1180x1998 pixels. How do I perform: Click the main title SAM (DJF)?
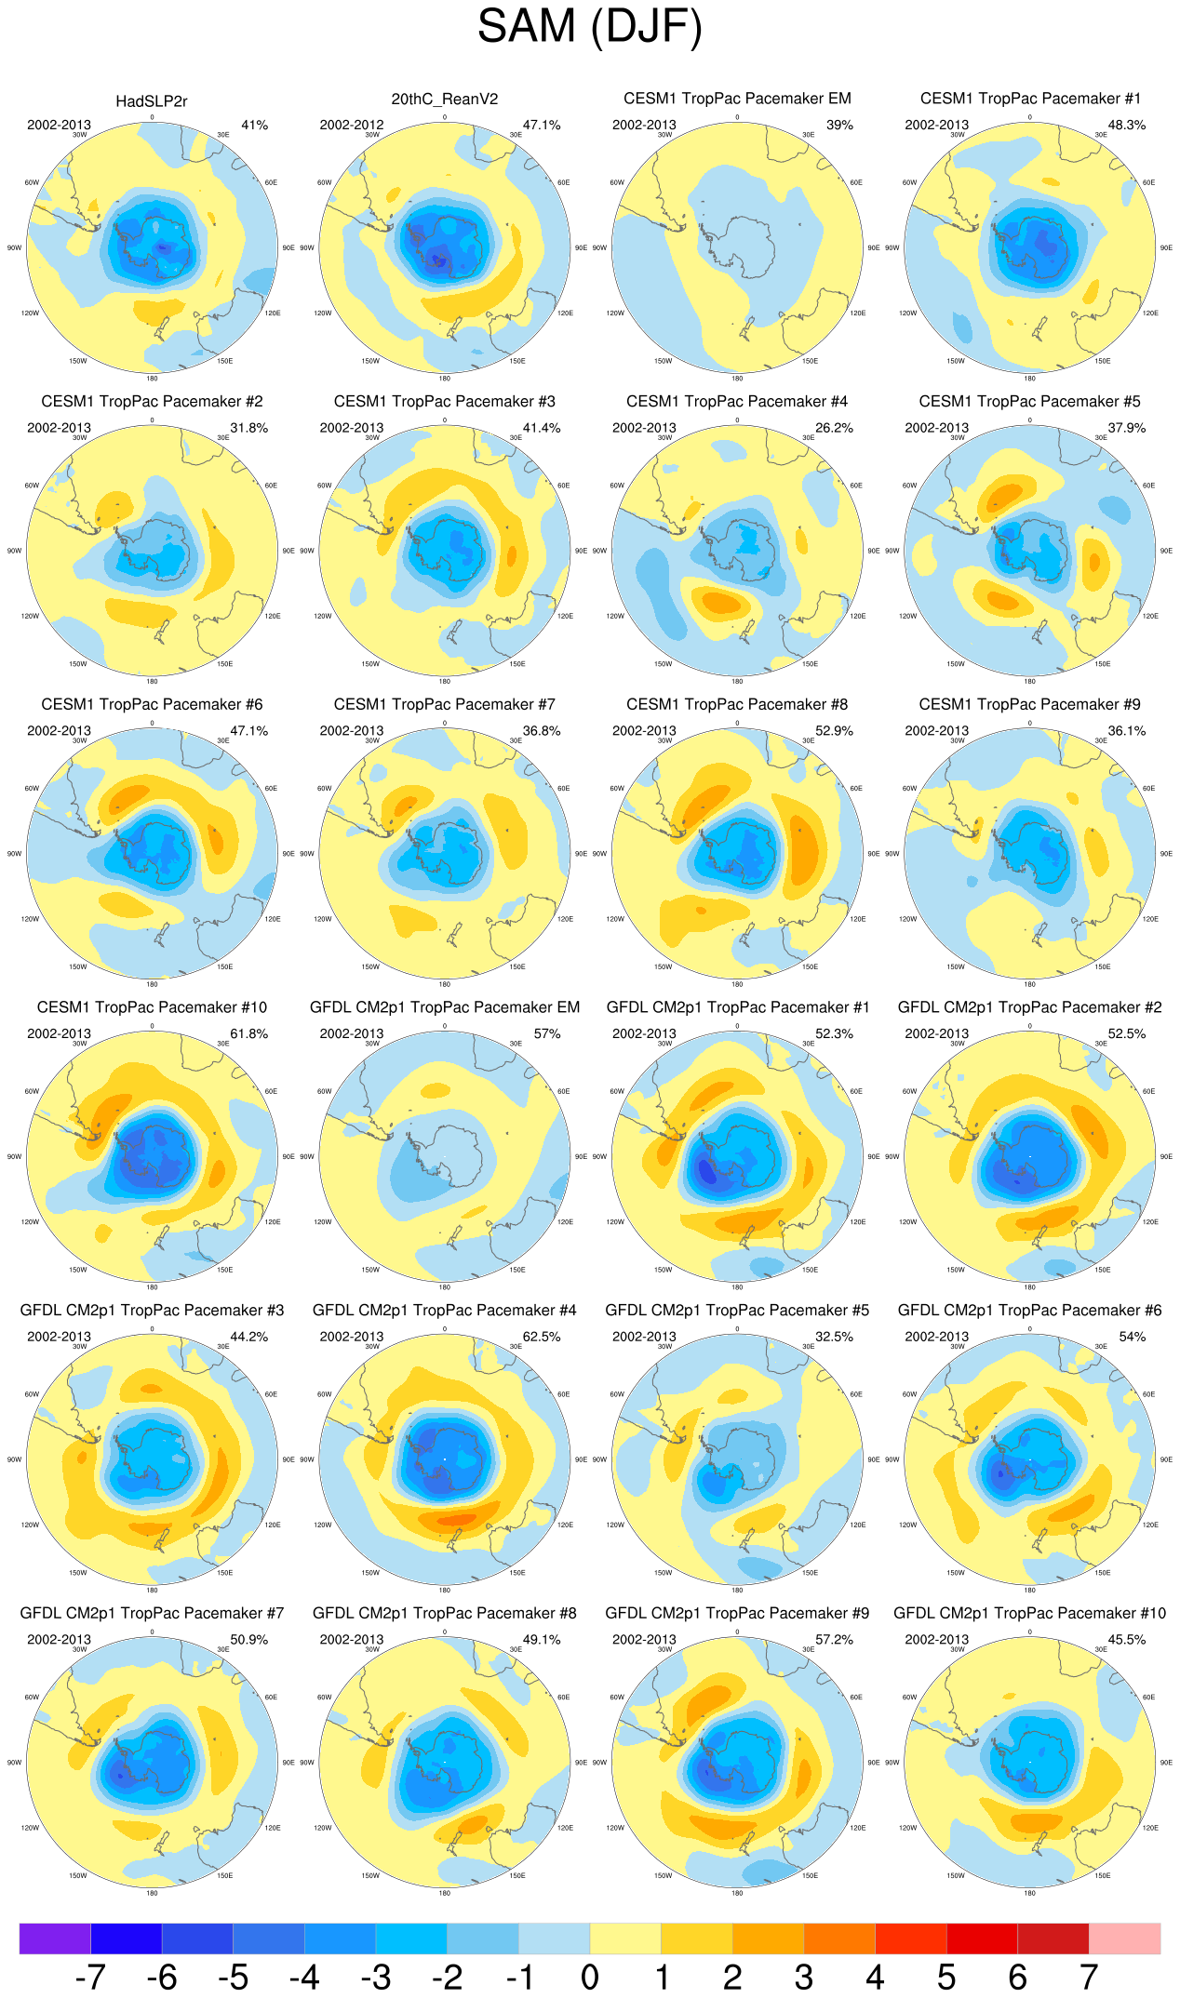(x=589, y=26)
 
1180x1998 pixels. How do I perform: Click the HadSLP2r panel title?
(x=152, y=101)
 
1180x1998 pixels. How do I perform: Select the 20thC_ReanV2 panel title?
(x=444, y=100)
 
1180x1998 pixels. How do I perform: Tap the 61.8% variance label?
(x=248, y=1033)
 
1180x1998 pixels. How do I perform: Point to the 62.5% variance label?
(x=542, y=1337)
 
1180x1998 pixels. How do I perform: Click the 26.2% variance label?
(x=834, y=428)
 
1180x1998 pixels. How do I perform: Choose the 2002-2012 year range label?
(x=351, y=125)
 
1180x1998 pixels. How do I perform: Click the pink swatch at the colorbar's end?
(x=1124, y=1938)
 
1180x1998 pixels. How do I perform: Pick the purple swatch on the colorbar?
(x=55, y=1938)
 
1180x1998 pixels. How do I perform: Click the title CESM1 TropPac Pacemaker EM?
(x=737, y=99)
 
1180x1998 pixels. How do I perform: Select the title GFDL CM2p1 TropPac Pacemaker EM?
(x=444, y=1007)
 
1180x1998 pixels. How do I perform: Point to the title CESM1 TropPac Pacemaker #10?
(x=152, y=1007)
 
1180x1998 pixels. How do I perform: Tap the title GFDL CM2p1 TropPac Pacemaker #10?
(x=1029, y=1613)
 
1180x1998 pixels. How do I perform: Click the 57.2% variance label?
(x=834, y=1639)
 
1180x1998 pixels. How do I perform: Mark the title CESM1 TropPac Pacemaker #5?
(x=1029, y=402)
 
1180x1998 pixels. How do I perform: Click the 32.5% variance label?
(x=834, y=1337)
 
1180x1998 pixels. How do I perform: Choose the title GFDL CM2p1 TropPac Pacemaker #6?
(x=1029, y=1311)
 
